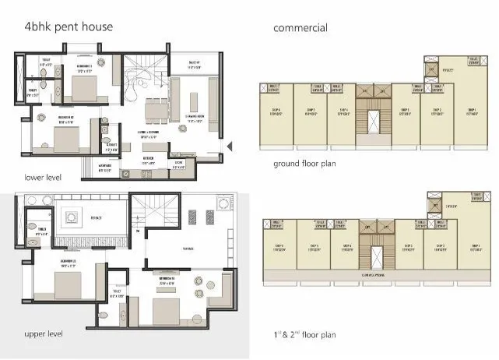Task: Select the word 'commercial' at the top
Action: (x=300, y=28)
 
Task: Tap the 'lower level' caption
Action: (x=43, y=177)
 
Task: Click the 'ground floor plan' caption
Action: (x=304, y=164)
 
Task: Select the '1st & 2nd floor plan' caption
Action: (x=304, y=335)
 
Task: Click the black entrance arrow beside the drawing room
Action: (x=228, y=145)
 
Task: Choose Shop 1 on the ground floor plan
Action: (x=472, y=113)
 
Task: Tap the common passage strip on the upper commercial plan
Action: (x=374, y=274)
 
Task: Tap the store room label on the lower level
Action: (x=178, y=165)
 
